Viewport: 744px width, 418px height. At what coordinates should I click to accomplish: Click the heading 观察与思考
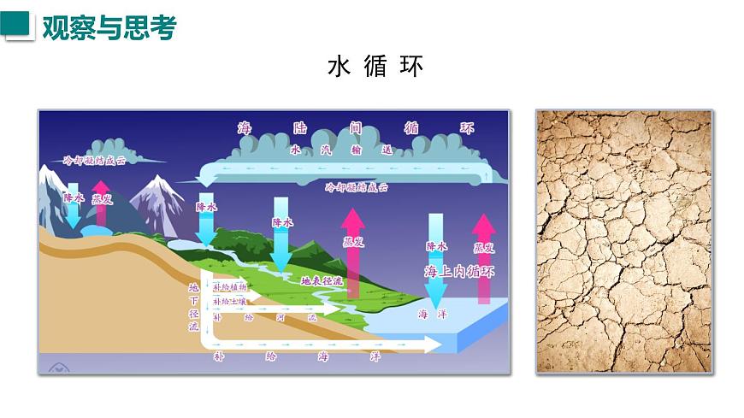109,27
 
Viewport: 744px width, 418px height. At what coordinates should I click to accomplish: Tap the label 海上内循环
459,272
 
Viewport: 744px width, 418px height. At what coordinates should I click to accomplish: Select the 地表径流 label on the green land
322,280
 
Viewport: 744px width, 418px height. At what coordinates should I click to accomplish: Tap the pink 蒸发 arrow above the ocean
484,256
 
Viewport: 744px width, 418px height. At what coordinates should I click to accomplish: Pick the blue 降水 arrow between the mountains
74,203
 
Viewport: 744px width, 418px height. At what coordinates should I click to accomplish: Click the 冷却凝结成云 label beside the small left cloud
95,160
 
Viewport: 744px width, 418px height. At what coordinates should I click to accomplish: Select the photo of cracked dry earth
624,241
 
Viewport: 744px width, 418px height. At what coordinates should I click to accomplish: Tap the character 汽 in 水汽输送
324,150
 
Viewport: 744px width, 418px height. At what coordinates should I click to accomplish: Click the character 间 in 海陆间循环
355,128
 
